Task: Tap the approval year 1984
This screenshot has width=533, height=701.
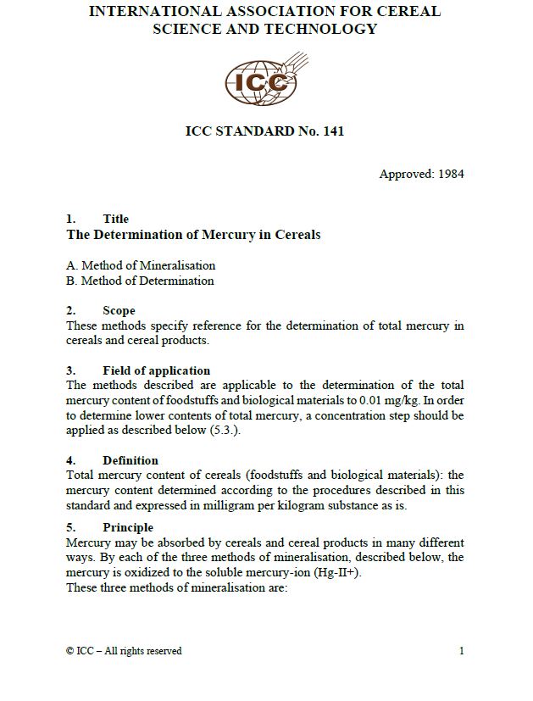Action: tap(449, 175)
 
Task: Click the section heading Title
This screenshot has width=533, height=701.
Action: tap(115, 219)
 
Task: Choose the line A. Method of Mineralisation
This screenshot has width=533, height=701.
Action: tap(141, 265)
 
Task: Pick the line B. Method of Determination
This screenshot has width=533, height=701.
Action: tap(140, 281)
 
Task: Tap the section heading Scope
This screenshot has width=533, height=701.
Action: tap(119, 310)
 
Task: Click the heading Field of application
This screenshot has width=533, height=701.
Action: tap(156, 370)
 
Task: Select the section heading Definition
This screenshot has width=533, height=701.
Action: tap(130, 460)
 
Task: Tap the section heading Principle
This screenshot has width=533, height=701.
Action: tap(128, 527)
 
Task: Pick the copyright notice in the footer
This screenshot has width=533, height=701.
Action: tap(124, 651)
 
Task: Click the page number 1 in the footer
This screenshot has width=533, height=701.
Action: tap(461, 651)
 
